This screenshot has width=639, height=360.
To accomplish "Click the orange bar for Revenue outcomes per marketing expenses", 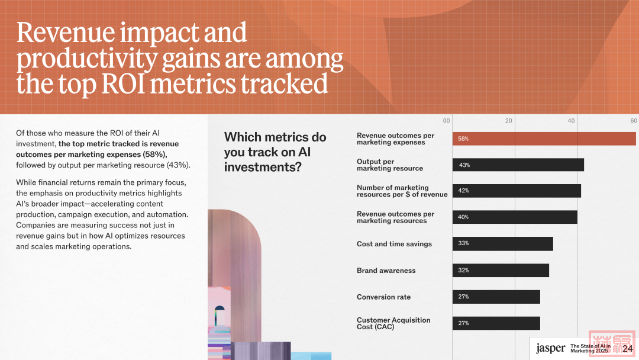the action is click(544, 139).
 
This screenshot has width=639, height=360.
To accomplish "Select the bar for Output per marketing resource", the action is click(518, 165).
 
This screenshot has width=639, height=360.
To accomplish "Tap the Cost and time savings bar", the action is click(502, 244).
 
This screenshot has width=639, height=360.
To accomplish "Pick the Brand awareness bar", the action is click(501, 271).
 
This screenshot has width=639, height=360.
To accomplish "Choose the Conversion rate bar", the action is click(496, 297).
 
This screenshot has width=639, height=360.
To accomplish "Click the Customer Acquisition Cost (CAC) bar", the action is click(496, 323).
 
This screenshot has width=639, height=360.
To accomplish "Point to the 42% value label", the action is click(463, 191).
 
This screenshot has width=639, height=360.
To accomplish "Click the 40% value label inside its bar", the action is click(463, 217).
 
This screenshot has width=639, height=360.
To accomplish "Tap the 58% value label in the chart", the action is click(463, 139).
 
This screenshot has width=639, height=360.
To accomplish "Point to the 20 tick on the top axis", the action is click(509, 121).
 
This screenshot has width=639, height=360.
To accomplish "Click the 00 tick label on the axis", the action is click(447, 121).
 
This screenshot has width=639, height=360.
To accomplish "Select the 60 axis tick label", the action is click(634, 121).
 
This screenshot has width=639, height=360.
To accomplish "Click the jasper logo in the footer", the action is click(551, 349).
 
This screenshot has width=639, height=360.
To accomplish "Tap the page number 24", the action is click(628, 349).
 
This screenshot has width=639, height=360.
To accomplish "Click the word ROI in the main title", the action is click(124, 83).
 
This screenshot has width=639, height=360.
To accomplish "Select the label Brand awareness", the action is click(386, 271).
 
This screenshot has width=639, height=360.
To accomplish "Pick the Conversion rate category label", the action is click(383, 297).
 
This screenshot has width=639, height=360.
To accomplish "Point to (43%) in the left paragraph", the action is click(179, 165).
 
